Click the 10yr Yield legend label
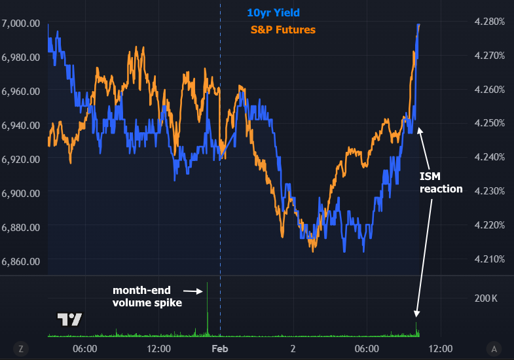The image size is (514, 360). coord(273,12)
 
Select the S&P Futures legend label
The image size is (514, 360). coord(283,29)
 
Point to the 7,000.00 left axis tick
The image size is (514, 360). coord(22,23)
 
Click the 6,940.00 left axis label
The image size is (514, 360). coord(22,125)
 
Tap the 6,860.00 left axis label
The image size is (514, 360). coord(22,261)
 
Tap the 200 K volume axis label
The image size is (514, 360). coord(486,298)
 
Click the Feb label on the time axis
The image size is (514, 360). coord(220,349)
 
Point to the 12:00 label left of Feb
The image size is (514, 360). coord(159,349)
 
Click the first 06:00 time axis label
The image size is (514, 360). coord(84,349)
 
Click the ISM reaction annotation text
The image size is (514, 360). coord(441,183)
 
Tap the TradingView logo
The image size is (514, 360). coord(69,319)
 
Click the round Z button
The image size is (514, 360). coord(21,349)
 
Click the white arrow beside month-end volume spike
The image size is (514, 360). coord(192,291)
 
